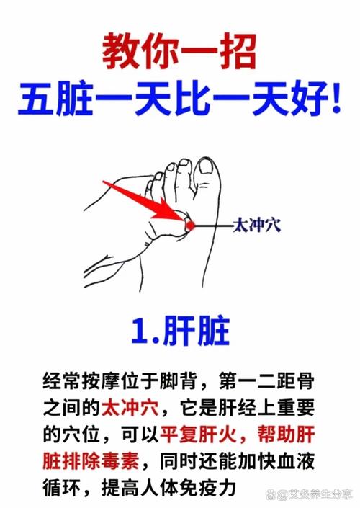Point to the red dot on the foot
pos(190,226)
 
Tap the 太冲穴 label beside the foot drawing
pos(256,226)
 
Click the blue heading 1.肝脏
pos(180,331)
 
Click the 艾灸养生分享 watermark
pos(313,496)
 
